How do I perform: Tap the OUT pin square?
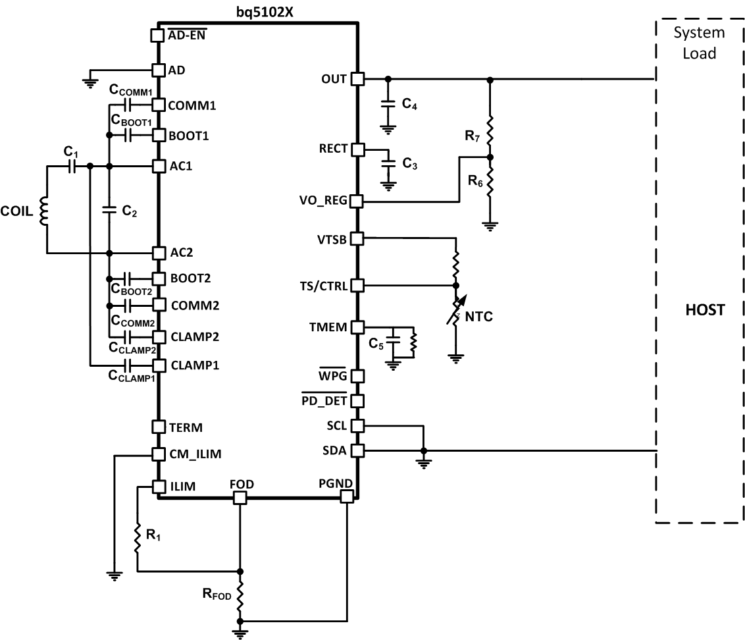pyautogui.click(x=357, y=79)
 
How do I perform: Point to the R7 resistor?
pyautogui.click(x=489, y=128)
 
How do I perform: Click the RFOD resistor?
pyautogui.click(x=240, y=596)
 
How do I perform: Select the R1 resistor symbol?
pyautogui.click(x=138, y=537)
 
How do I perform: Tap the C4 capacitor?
pyautogui.click(x=388, y=104)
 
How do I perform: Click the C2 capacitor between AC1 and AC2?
pyautogui.click(x=109, y=210)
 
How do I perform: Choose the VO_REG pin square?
pyautogui.click(x=357, y=201)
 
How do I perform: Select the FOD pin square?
pyautogui.click(x=240, y=498)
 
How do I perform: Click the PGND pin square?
pyautogui.click(x=347, y=498)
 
